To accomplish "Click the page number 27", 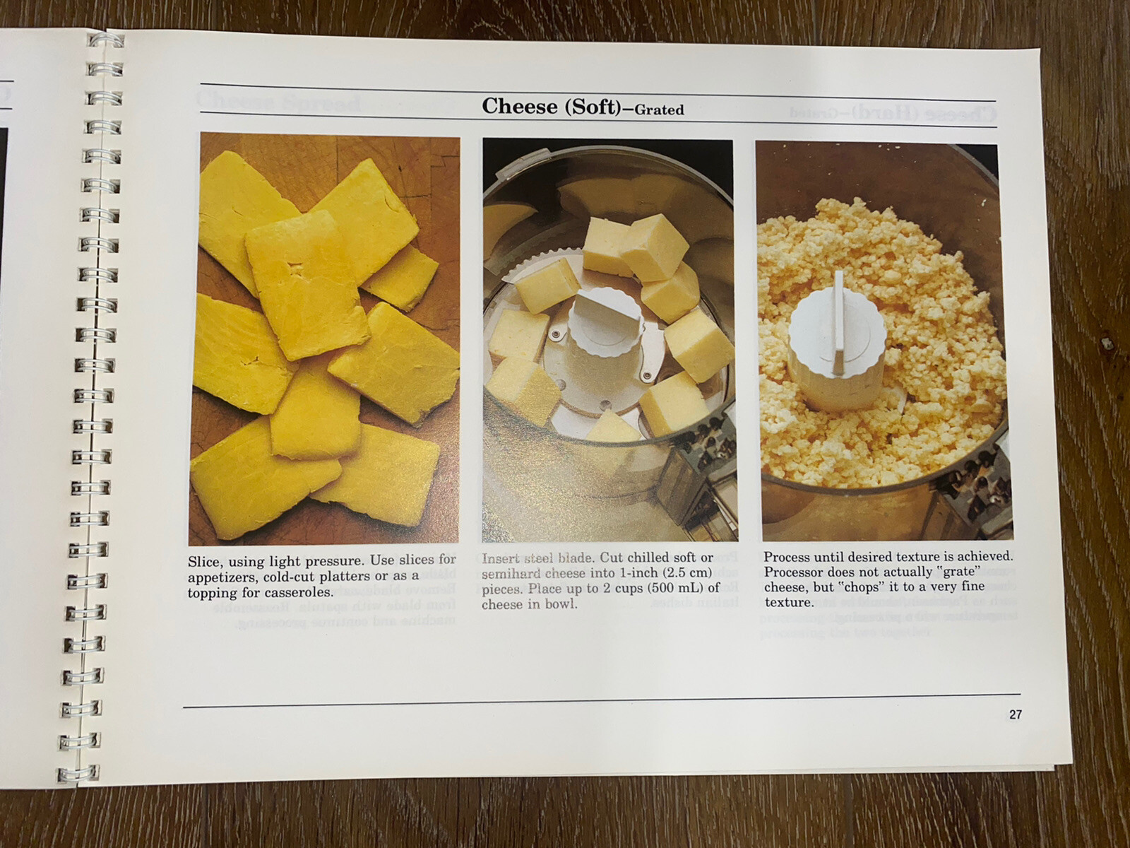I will pyautogui.click(x=1015, y=714).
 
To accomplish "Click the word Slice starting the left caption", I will pyautogui.click(x=203, y=562).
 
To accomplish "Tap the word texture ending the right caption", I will pyautogui.click(x=788, y=603).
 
